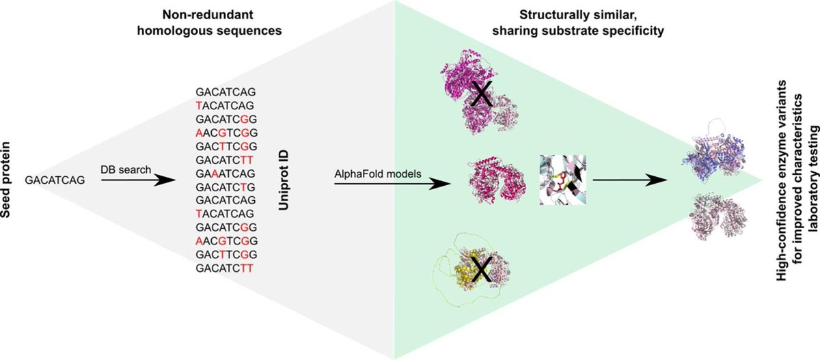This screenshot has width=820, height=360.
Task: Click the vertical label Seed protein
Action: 12,180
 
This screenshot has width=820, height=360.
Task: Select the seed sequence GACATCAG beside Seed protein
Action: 55,180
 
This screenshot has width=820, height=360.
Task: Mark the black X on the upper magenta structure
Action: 482,96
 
